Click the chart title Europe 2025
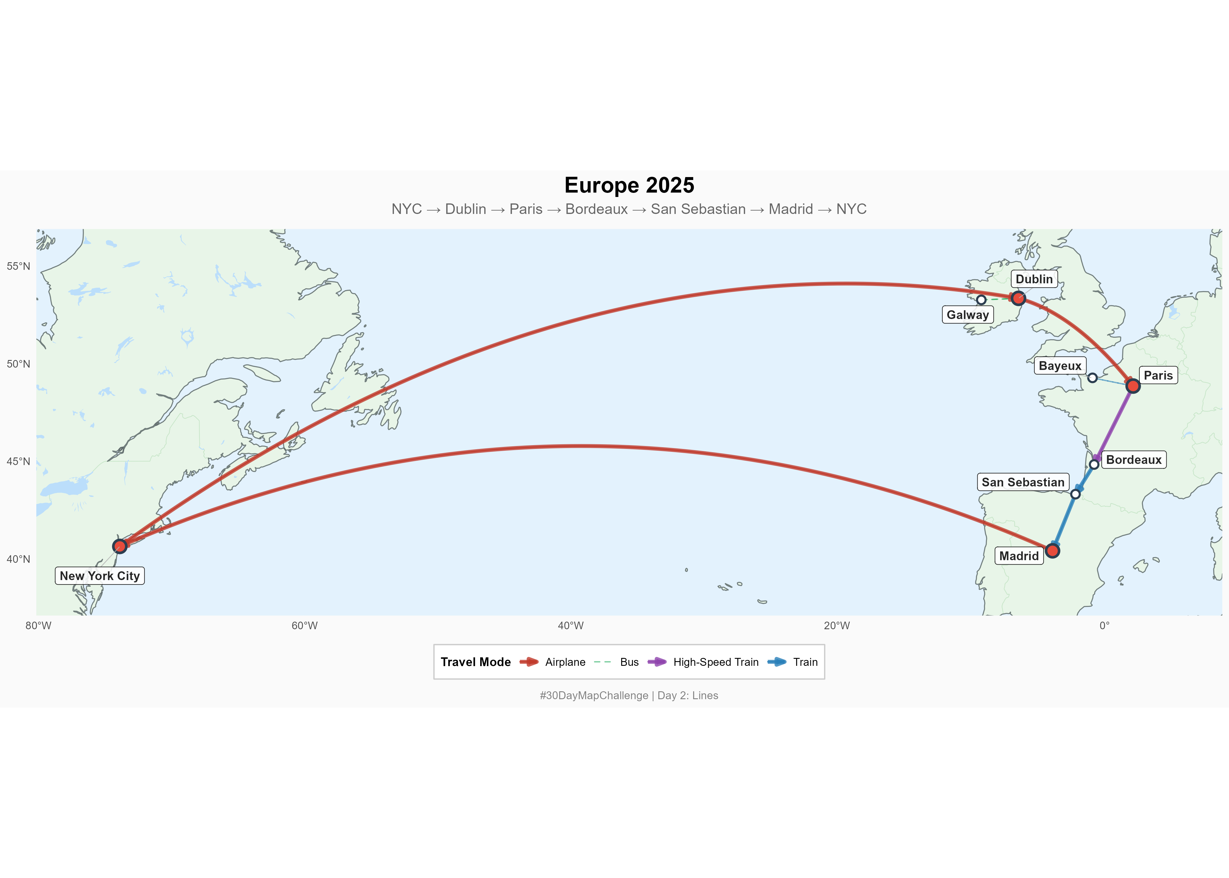629,186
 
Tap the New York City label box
99,576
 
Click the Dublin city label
1034,279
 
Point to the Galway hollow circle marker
981,299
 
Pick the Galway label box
967,315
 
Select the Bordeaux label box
1133,459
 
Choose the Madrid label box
1019,556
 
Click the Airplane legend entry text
565,662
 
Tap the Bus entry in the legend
629,662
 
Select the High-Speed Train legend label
715,662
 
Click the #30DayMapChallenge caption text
629,695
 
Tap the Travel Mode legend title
476,662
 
